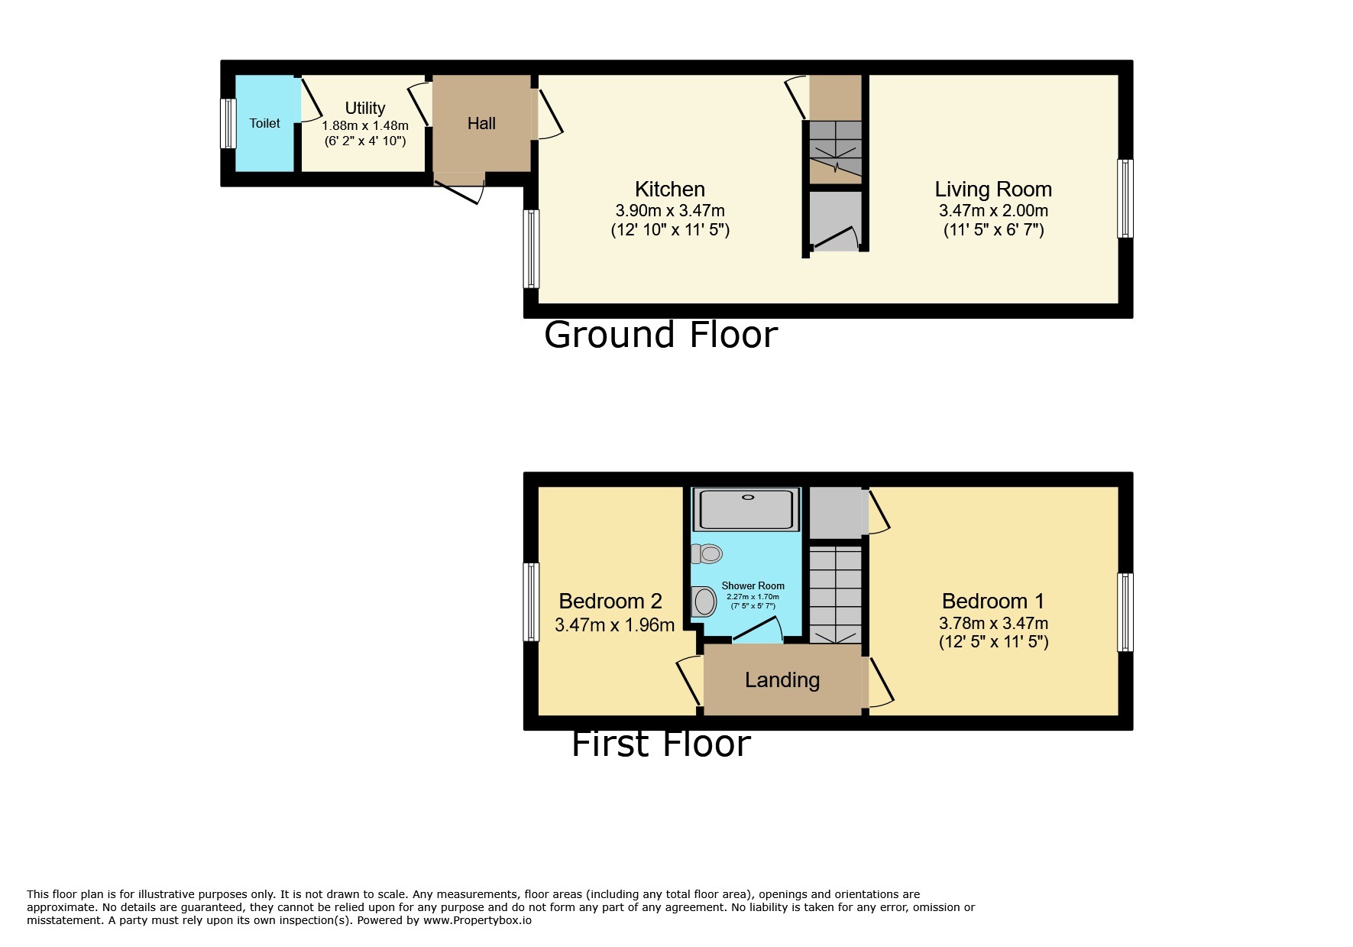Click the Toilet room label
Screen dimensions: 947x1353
coord(264,123)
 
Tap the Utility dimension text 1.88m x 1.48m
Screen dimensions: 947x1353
coord(364,125)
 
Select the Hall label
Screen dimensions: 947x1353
coord(481,123)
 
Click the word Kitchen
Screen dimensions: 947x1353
coord(669,189)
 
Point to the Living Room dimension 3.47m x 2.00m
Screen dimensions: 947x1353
coord(992,210)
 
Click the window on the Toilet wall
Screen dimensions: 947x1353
coord(228,123)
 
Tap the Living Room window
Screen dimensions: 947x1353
coord(1125,198)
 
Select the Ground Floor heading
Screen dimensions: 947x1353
coord(660,335)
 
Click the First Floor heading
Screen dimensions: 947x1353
coord(660,744)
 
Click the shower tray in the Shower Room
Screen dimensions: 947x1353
coord(746,509)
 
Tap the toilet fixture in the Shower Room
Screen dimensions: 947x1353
coord(707,553)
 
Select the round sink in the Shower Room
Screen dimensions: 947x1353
coord(704,602)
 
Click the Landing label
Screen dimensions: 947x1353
coord(782,679)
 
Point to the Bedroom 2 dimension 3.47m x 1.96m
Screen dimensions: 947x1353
coord(614,624)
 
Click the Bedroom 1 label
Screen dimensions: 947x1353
coord(992,601)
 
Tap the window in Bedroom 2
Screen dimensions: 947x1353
coord(531,602)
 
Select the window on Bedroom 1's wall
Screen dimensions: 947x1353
coord(1125,611)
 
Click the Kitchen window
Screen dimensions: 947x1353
coord(531,248)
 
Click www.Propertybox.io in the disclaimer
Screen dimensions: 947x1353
coord(477,920)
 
